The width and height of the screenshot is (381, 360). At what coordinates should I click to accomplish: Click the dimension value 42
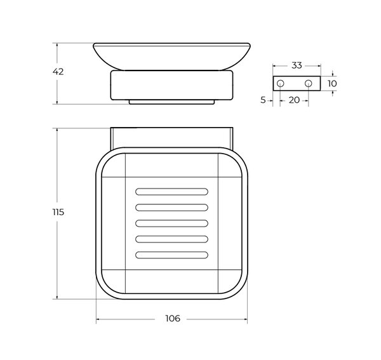coord(58,72)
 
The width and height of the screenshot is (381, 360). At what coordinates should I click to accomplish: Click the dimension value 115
coord(58,212)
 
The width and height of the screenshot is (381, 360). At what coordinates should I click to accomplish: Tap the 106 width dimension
coord(173,318)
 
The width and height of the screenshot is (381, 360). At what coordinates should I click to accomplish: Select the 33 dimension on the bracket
coord(297,65)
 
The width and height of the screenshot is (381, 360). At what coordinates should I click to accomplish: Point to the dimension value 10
coord(332,84)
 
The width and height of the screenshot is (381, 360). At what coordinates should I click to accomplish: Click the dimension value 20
coord(294,100)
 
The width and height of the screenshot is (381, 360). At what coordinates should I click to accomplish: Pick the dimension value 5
coord(263,100)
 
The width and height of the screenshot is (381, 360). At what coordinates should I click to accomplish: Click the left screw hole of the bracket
coord(281,83)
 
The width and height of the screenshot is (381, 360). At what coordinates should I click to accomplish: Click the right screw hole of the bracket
coord(308,83)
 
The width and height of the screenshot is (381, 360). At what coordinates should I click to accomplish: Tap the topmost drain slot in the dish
coord(172,192)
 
